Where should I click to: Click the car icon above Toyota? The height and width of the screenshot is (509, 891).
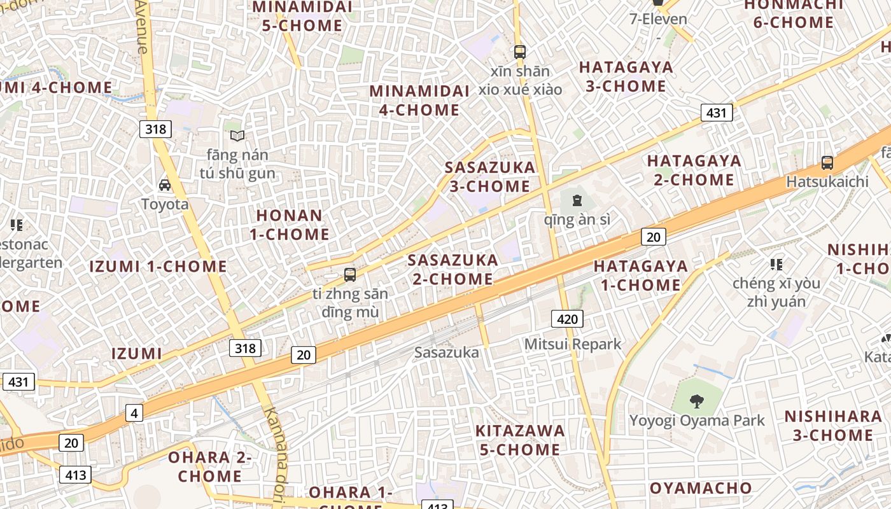tap(165, 185)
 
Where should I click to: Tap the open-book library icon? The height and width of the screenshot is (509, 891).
tap(237, 136)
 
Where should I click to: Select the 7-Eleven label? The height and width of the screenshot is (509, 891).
tap(658, 19)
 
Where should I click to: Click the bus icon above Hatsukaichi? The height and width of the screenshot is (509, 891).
tap(827, 163)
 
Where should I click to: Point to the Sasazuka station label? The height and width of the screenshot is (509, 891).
tap(446, 352)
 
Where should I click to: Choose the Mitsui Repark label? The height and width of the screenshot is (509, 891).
tap(572, 344)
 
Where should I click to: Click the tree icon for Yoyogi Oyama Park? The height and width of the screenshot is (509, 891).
tap(697, 401)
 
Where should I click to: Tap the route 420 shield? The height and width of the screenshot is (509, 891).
tap(566, 319)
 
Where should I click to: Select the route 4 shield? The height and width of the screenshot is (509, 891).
tap(134, 413)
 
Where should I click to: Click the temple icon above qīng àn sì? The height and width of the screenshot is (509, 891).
tap(577, 200)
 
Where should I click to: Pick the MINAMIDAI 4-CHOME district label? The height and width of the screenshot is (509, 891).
tap(419, 101)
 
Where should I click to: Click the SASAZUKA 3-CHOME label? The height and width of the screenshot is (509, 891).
tap(490, 177)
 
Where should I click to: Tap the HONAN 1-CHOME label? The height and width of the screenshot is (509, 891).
tap(290, 225)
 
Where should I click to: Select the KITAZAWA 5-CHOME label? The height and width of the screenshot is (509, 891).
tap(520, 440)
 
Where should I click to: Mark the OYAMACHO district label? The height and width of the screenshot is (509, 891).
tap(701, 488)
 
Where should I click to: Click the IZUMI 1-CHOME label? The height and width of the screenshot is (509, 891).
tap(158, 266)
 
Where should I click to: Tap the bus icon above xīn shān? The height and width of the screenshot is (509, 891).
tap(520, 52)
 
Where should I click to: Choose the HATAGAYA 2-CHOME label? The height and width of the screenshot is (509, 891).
tap(694, 170)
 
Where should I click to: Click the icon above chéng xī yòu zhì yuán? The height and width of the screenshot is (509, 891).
tap(776, 264)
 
